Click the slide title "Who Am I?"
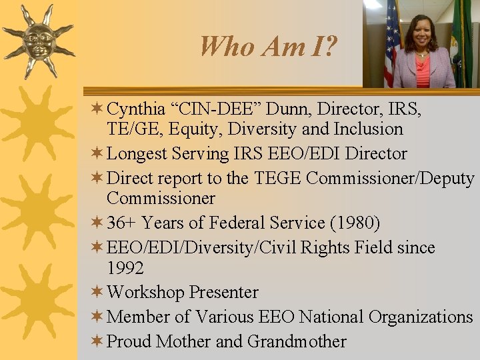tap(268, 46)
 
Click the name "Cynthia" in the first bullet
tap(137, 108)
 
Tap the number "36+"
tap(122, 222)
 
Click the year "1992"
tap(125, 268)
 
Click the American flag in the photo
tap(392, 50)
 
